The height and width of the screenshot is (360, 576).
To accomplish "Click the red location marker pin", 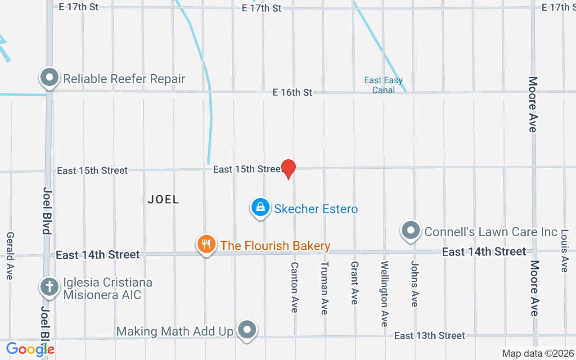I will pyautogui.click(x=288, y=169).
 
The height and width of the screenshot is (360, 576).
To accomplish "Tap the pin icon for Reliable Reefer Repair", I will pyautogui.click(x=49, y=78).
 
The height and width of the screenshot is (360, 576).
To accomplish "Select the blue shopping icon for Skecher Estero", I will pyautogui.click(x=260, y=207).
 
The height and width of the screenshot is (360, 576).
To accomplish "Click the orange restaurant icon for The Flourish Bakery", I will pyautogui.click(x=207, y=244).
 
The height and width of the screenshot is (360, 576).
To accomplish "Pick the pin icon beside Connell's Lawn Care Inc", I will pyautogui.click(x=410, y=230).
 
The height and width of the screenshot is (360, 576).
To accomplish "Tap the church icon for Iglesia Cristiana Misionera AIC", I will pyautogui.click(x=49, y=287).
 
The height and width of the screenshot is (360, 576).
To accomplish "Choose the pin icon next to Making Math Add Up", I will pyautogui.click(x=247, y=330).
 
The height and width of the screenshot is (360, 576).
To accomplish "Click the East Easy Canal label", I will pyautogui.click(x=383, y=85).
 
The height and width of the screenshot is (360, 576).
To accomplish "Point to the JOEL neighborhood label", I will pyautogui.click(x=163, y=199).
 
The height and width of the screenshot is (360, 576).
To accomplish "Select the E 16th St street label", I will pyautogui.click(x=292, y=92).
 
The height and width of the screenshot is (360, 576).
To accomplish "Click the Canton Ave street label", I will pyautogui.click(x=294, y=287).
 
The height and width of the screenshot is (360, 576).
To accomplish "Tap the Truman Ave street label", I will pyautogui.click(x=324, y=288).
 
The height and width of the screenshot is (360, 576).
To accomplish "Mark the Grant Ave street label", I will pyautogui.click(x=355, y=283).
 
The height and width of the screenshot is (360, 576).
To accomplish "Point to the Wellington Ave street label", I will pyautogui.click(x=384, y=293).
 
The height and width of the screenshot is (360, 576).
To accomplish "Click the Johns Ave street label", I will pyautogui.click(x=414, y=284).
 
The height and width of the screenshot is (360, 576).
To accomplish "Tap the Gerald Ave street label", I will pyautogui.click(x=10, y=256).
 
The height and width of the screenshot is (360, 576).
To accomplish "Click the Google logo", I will pyautogui.click(x=30, y=349).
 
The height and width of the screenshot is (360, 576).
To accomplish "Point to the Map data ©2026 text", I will pyautogui.click(x=538, y=354).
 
